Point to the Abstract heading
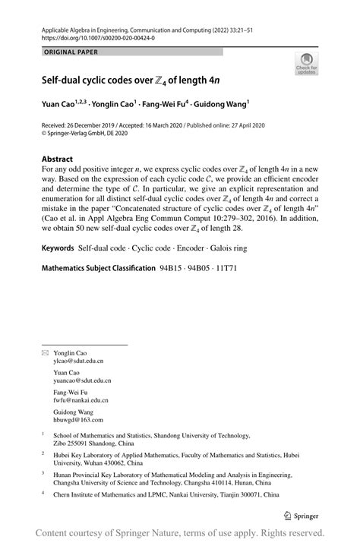[62, 160]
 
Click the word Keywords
[58, 248]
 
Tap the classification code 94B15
[172, 269]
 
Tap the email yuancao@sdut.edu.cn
[84, 380]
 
